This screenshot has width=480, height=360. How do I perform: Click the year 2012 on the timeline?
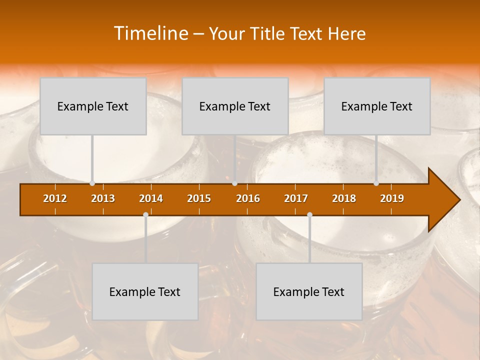(55, 198)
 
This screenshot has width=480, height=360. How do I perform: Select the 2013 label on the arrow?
(103, 198)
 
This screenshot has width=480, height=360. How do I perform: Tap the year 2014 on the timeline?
(151, 198)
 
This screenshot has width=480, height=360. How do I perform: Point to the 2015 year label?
(199, 198)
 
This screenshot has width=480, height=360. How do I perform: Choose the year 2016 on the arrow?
(248, 198)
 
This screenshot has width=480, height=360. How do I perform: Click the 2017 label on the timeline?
(296, 198)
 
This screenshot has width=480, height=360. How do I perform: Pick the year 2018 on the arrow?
(344, 198)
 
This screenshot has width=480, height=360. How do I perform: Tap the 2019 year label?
(392, 198)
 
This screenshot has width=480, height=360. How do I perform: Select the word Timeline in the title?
(150, 33)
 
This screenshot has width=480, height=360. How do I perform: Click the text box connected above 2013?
(93, 106)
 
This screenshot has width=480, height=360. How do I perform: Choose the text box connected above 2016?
(235, 106)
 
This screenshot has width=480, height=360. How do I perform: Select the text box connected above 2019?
(377, 106)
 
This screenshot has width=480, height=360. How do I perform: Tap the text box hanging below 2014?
(145, 291)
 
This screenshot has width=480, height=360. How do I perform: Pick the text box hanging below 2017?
(309, 291)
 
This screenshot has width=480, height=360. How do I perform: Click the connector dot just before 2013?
(92, 183)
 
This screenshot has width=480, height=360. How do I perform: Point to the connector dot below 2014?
(145, 215)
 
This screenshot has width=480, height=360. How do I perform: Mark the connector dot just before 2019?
(376, 183)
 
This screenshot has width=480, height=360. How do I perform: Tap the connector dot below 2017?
(309, 215)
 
